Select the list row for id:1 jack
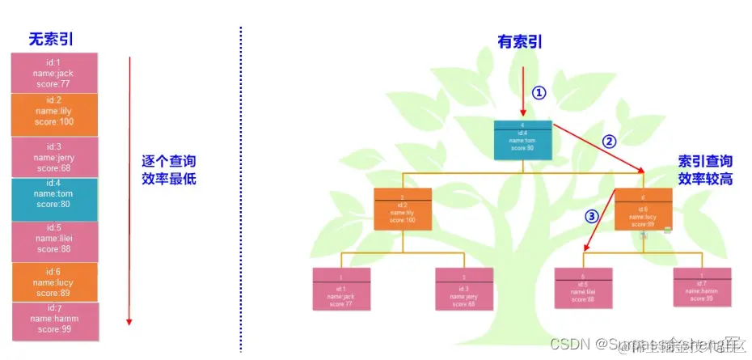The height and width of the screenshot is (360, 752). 54,73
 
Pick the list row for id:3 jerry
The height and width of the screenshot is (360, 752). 54,157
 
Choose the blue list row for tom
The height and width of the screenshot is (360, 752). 54,199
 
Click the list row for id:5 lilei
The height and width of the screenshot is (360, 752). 54,242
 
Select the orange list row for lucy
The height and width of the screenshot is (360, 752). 54,282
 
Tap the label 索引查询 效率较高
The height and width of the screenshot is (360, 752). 704,170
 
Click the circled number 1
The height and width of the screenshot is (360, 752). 539,93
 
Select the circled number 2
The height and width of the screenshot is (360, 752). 610,141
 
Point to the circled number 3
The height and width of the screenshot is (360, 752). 592,217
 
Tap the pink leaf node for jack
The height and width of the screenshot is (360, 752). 341,289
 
